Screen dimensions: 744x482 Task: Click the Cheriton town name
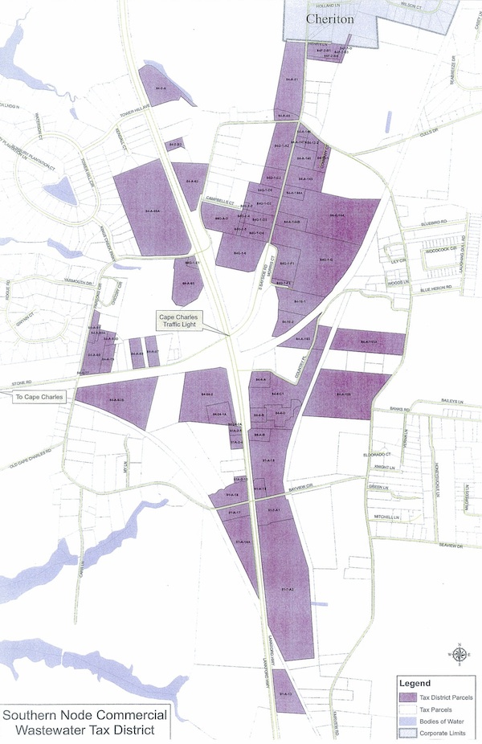click(329, 18)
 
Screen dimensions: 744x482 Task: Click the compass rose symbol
click(458, 654)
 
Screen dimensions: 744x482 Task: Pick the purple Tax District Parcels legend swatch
click(408, 697)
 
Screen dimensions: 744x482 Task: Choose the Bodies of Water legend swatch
click(408, 722)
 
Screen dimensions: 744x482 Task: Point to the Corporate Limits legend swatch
click(408, 734)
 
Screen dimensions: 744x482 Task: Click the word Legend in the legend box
click(415, 684)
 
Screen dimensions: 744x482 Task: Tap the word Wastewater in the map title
click(55, 730)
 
